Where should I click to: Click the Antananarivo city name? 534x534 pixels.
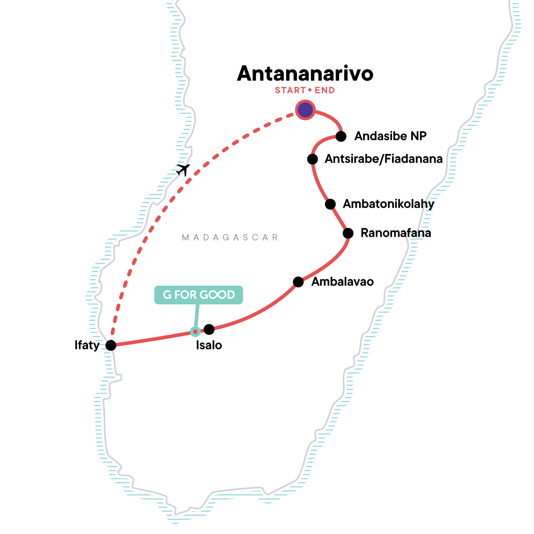pos(305,73)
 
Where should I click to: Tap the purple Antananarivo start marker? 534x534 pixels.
pos(305,110)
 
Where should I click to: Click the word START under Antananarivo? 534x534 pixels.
pos(290,90)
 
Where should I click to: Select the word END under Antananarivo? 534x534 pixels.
pos(324,90)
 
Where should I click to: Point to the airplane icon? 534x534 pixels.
pos(183,169)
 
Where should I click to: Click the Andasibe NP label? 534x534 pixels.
pos(390,136)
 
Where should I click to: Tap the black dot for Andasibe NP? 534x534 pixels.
pos(341,136)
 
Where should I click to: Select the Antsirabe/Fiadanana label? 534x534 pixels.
pos(384,159)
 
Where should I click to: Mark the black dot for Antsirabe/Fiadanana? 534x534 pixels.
pos(312,159)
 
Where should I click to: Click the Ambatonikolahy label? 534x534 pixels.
pos(388,204)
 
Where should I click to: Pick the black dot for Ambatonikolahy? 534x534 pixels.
pos(330,204)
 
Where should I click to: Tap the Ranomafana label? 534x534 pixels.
pos(396,233)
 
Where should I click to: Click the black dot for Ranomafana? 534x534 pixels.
pos(348,233)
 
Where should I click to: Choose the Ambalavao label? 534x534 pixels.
pos(343,282)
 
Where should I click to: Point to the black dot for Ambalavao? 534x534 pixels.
pos(298,282)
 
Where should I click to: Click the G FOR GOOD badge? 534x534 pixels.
pos(198,295)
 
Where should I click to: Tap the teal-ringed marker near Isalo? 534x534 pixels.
pos(195,332)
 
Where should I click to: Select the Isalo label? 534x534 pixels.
pos(209,345)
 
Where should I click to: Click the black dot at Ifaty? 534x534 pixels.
pos(111,345)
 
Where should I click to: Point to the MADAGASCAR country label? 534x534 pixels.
pos(230,238)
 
